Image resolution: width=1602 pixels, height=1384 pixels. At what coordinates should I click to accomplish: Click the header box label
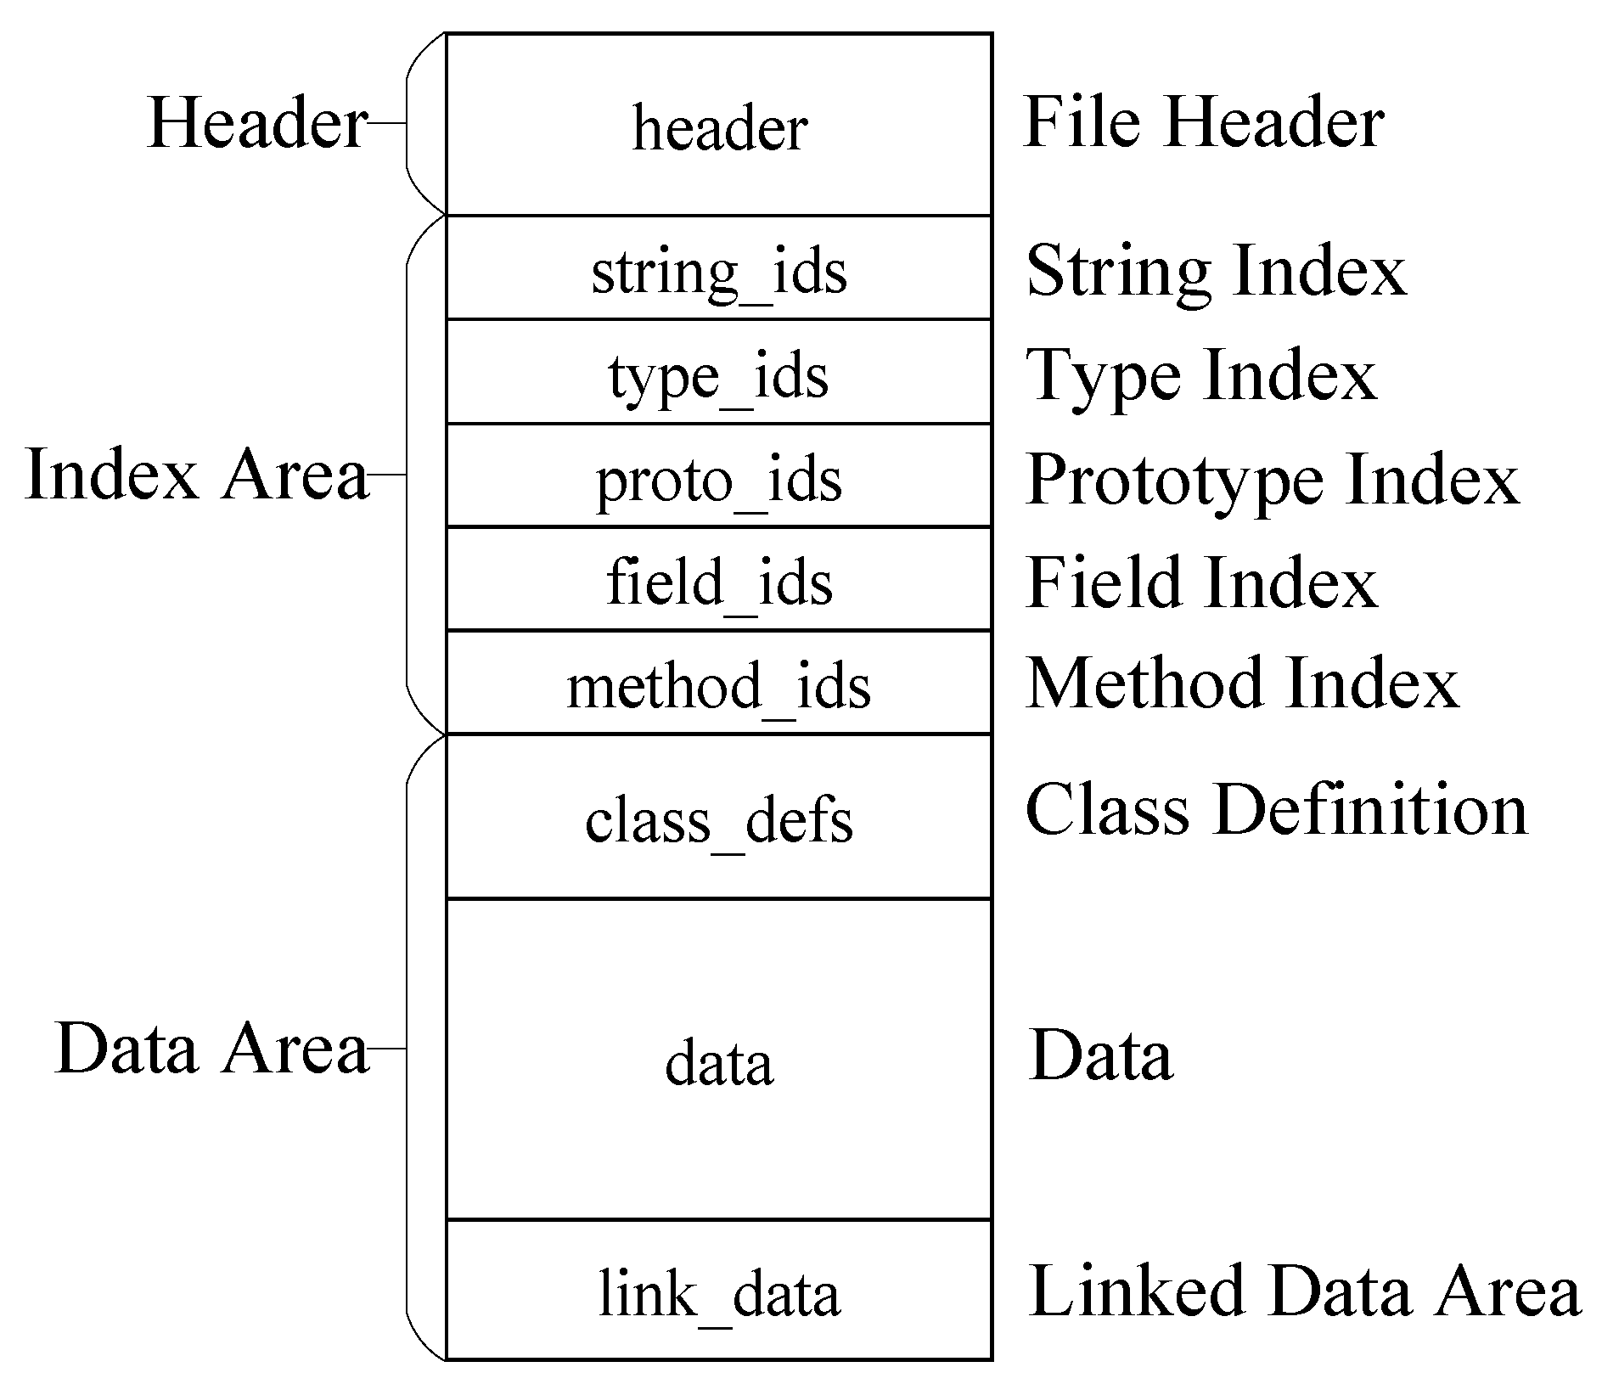click(x=719, y=129)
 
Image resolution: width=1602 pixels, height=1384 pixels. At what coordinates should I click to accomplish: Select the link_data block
click(x=719, y=1292)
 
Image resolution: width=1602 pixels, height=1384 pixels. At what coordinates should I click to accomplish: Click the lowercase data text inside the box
click(x=719, y=1062)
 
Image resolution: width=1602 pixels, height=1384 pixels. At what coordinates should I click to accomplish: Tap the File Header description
click(x=1204, y=122)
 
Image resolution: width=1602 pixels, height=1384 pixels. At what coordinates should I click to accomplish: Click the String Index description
click(x=1216, y=270)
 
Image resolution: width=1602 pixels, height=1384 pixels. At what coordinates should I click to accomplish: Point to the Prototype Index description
click(x=1272, y=478)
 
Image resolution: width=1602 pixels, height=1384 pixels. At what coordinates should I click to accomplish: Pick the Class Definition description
click(x=1276, y=808)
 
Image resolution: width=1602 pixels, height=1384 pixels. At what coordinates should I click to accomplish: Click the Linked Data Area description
click(x=1304, y=1290)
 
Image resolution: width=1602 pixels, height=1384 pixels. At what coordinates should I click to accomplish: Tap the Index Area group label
click(x=197, y=474)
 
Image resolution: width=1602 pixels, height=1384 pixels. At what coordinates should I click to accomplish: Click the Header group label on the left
click(x=257, y=122)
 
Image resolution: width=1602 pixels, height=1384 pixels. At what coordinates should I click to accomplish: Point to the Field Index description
click(x=1201, y=582)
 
